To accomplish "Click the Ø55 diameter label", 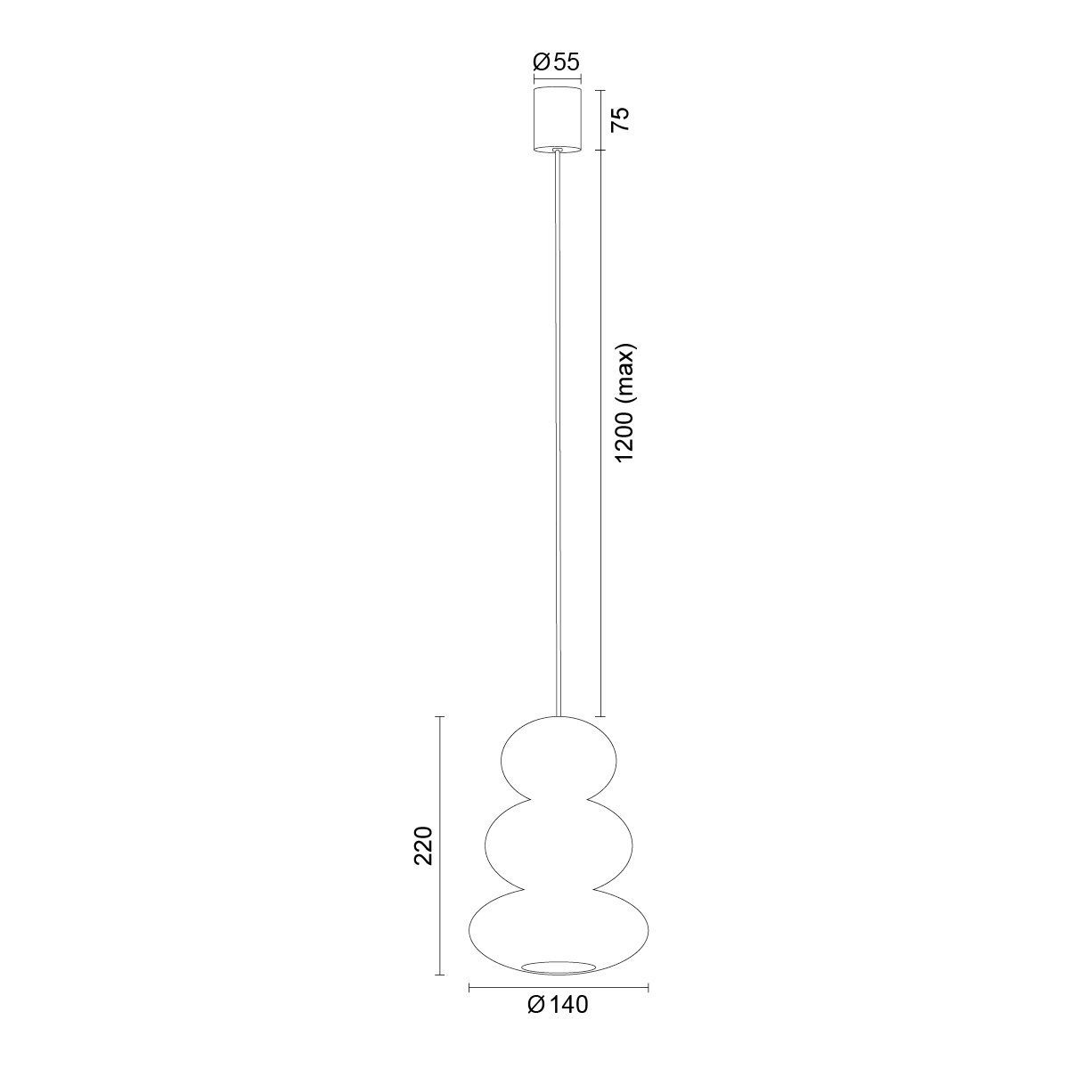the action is (x=556, y=62).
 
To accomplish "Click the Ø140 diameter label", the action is (x=558, y=1036).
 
